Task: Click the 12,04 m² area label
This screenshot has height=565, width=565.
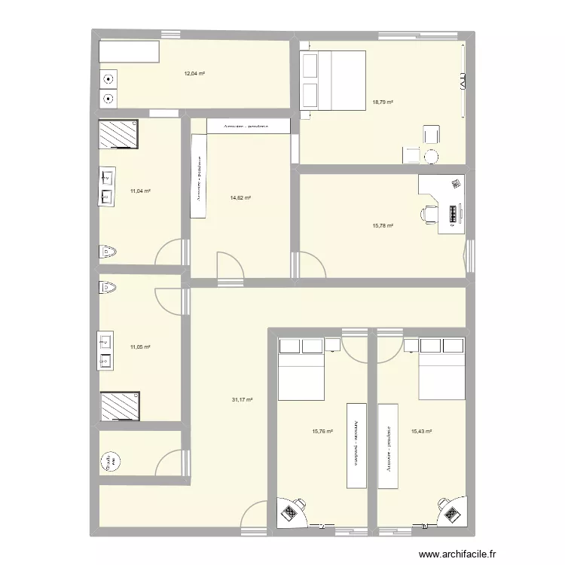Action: tap(195, 74)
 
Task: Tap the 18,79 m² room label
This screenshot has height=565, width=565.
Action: tap(383, 102)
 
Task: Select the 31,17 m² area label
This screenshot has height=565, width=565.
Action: tap(242, 400)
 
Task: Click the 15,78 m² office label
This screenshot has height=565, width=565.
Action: tap(383, 225)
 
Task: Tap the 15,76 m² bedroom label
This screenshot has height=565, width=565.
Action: tap(322, 432)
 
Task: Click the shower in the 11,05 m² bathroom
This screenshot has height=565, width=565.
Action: tap(119, 407)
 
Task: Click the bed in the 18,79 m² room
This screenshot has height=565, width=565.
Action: tap(332, 81)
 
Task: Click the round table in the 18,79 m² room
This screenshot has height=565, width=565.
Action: tap(432, 157)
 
